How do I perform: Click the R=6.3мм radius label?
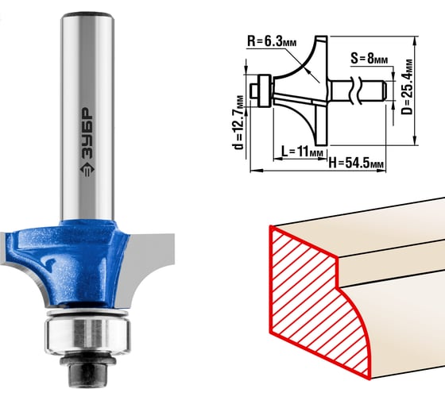pyautogui.click(x=272, y=41)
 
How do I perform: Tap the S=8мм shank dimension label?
pyautogui.click(x=369, y=59)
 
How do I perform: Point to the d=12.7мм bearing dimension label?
pyautogui.click(x=238, y=122)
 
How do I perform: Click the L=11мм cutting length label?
pyautogui.click(x=302, y=152)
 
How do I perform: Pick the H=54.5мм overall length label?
pyautogui.click(x=356, y=163)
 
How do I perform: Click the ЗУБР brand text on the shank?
pyautogui.click(x=87, y=133)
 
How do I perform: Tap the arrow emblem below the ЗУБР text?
pyautogui.click(x=87, y=170)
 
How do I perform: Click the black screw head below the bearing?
pyautogui.click(x=87, y=369)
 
